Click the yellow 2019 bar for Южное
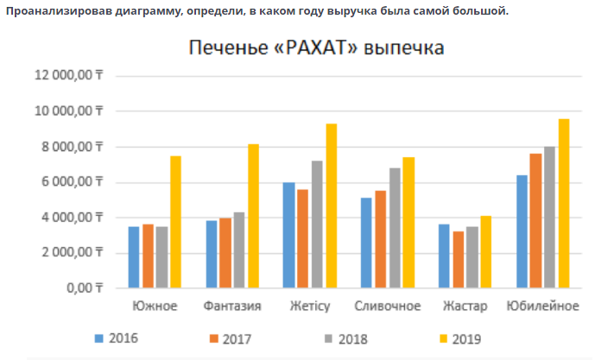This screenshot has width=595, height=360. (x=175, y=221)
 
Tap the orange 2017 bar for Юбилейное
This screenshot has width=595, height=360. (x=535, y=220)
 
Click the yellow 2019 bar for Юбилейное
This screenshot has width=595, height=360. (x=563, y=203)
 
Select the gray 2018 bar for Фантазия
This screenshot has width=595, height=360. (x=239, y=249)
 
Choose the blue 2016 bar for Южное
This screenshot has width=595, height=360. (x=134, y=256)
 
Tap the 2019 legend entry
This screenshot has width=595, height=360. (x=459, y=338)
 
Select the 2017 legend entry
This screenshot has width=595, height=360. (x=229, y=338)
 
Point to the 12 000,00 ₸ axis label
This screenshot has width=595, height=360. (x=68, y=76)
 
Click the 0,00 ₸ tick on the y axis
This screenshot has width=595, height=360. (x=83, y=287)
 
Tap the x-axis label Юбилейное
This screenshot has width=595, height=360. (x=542, y=306)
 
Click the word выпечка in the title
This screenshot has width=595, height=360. (x=404, y=48)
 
